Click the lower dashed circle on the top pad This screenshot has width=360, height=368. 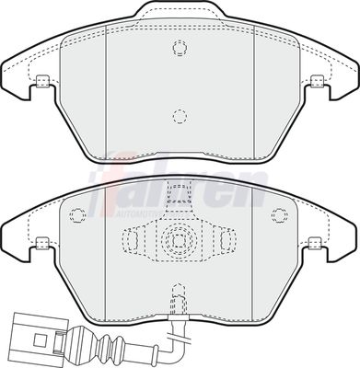tap(179, 116)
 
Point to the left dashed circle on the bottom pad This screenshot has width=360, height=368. tap(79, 214)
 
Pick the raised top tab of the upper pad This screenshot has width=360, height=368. tap(179, 13)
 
